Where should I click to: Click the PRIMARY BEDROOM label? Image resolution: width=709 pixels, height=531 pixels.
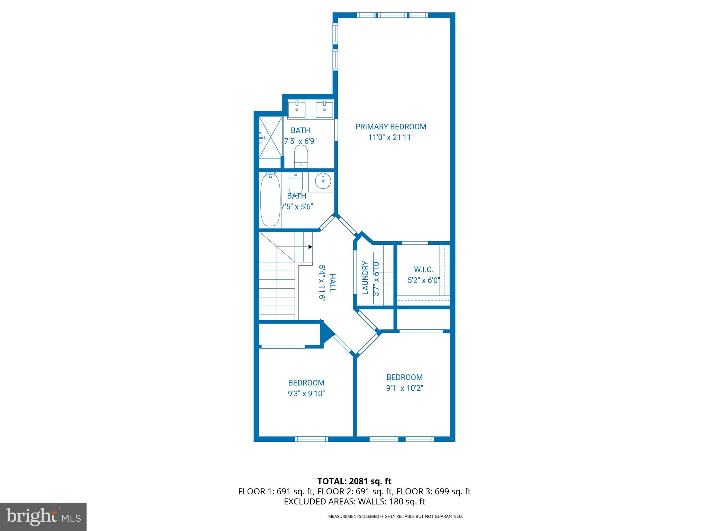coord(391,127)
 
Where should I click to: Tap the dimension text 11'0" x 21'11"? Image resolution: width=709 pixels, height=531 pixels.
coord(391,138)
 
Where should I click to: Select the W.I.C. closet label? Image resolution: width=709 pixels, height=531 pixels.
coord(423,270)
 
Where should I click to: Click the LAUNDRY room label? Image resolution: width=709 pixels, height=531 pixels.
coord(365,278)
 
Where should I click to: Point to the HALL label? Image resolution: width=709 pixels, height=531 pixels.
coord(332,283)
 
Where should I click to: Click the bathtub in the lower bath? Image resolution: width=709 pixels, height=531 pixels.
coord(270,201)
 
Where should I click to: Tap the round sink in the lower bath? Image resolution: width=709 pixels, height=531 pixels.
coord(323,181)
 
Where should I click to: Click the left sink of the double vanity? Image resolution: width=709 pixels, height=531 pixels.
coord(297,109)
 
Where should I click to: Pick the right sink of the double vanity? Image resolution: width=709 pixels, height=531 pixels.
coord(324,109)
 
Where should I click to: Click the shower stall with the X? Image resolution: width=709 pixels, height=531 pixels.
coord(271,137)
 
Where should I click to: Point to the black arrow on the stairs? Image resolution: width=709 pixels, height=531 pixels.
coord(310,247)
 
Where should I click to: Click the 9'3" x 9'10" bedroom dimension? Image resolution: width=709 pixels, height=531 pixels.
coord(306,393)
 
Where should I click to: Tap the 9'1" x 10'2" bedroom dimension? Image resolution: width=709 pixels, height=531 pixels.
coord(404,388)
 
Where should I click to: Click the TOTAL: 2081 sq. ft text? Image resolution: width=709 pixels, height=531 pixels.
coord(354,481)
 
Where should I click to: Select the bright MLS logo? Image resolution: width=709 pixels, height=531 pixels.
coord(43,516)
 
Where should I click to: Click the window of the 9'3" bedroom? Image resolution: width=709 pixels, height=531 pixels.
coord(311,439)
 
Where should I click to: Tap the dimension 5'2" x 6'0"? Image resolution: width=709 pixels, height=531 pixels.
coord(423,280)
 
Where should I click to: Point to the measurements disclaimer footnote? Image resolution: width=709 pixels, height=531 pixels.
coord(395,516)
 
